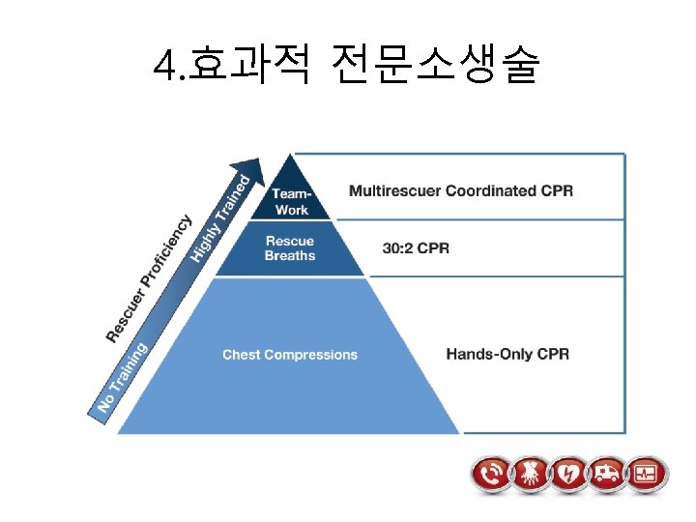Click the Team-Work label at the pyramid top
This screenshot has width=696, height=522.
291,202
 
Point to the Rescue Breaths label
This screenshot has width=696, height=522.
290,248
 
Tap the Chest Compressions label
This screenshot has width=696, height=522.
289,355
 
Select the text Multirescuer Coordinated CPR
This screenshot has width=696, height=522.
460,190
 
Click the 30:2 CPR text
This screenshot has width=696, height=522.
416,248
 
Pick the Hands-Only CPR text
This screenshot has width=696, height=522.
507,355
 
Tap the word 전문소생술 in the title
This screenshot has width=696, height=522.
433,66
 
